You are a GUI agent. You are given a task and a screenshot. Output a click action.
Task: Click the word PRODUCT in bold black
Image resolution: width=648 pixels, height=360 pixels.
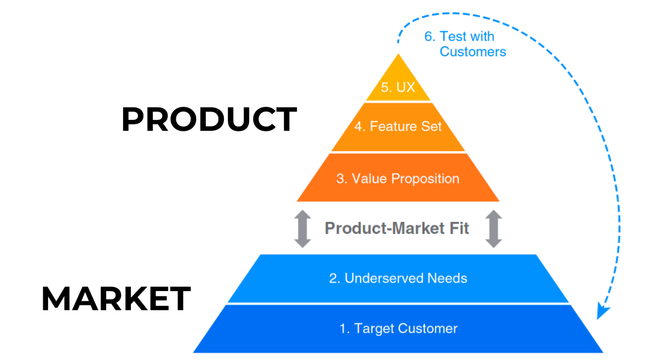(x=209, y=119)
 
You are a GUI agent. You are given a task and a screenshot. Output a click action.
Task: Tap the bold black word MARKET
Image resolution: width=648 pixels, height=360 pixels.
(x=116, y=298)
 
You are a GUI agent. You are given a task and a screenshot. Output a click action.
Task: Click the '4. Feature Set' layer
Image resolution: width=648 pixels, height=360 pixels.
(x=398, y=127)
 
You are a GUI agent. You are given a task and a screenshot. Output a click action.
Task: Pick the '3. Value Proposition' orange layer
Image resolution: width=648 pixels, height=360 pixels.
(x=398, y=178)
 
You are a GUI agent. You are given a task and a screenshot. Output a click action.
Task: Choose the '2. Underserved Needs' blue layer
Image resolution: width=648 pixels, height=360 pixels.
(x=398, y=278)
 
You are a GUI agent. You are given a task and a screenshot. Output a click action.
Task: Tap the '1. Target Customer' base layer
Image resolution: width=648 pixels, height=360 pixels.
(x=398, y=328)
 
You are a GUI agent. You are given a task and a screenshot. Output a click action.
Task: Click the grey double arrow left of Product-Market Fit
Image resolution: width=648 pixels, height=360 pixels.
(x=303, y=229)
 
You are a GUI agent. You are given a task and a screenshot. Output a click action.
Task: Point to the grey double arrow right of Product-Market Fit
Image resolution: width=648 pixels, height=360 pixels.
(x=493, y=229)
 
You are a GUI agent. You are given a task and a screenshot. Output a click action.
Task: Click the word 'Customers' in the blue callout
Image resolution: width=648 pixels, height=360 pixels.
(x=473, y=52)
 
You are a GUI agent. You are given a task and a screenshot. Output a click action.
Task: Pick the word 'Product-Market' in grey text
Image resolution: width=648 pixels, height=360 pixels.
(x=384, y=228)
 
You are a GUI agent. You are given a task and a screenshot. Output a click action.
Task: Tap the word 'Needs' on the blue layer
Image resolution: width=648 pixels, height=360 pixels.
(x=447, y=278)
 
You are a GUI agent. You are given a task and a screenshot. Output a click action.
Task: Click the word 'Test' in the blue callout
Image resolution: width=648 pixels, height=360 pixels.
(x=452, y=36)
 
